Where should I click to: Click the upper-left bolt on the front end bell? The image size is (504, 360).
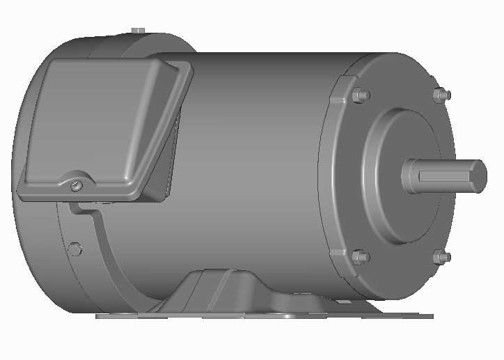pos(360,95)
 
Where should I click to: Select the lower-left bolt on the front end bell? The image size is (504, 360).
pos(360,257)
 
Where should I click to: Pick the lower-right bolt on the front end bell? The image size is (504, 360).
pos(441,258)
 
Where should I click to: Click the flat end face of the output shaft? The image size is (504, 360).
pos(478,175)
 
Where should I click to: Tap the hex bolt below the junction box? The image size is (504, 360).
pos(76,248)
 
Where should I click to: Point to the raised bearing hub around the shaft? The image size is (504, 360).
pos(390,174)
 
